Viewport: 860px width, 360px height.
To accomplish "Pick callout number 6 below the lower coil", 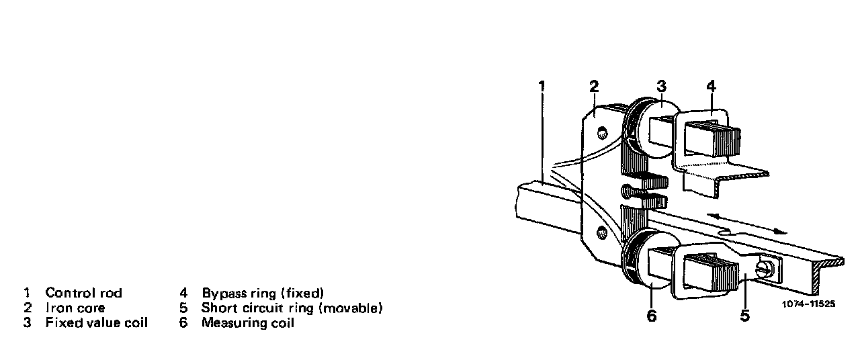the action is pyautogui.click(x=651, y=316).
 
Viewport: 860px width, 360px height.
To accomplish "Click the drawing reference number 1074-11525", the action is pyautogui.click(x=809, y=304).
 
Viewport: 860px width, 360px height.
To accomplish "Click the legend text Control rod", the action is pyautogui.click(x=83, y=293).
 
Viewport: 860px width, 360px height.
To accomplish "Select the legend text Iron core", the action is pyautogui.click(x=75, y=308).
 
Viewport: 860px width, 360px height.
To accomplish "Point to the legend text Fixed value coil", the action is pyautogui.click(x=96, y=323).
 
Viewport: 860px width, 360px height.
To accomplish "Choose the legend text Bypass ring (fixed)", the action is pyautogui.click(x=263, y=293).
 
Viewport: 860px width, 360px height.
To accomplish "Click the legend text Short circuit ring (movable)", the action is pyautogui.click(x=292, y=308).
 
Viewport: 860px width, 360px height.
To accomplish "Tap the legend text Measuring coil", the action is pyautogui.click(x=247, y=323).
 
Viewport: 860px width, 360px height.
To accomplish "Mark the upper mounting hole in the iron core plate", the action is pyautogui.click(x=602, y=130).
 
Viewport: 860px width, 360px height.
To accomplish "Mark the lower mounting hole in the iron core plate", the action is pyautogui.click(x=600, y=233).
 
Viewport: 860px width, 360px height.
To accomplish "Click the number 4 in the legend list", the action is pyautogui.click(x=183, y=293).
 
